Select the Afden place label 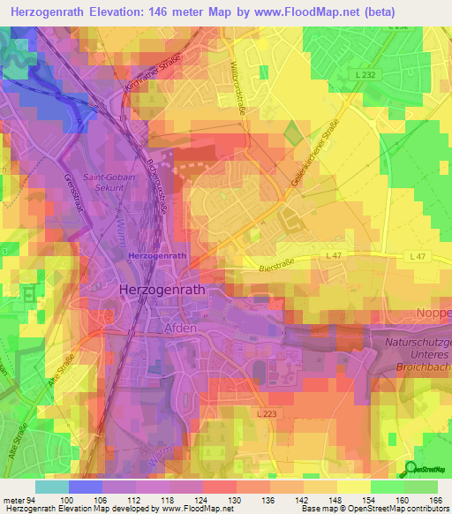coord(181,327)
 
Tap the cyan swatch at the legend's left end coord(51,487)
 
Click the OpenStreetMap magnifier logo coord(411,469)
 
